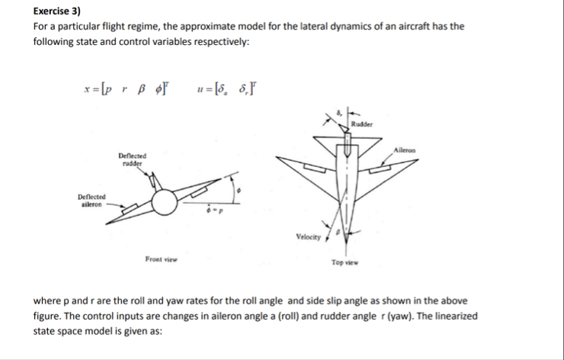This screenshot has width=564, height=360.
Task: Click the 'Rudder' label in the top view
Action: (362, 124)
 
